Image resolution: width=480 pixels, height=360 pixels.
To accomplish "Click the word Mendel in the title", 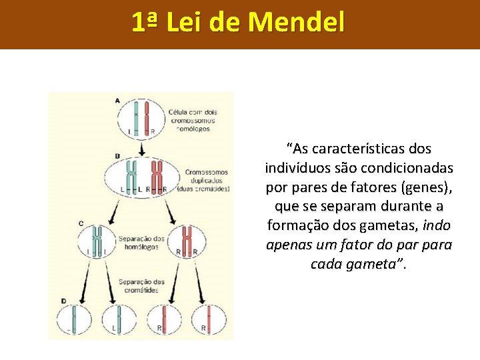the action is (x=297, y=23).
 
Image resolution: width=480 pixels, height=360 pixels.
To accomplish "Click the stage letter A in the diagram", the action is (x=117, y=101).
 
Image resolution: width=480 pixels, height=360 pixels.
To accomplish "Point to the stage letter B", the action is (x=117, y=156).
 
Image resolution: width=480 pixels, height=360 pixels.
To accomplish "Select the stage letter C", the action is (x=81, y=223).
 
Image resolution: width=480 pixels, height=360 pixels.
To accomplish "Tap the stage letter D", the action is (x=63, y=301).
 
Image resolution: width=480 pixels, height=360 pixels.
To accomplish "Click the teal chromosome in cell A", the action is (x=136, y=117).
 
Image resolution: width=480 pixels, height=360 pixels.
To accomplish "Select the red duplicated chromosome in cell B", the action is (x=157, y=175).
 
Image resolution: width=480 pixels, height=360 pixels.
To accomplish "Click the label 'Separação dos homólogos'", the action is (x=141, y=243).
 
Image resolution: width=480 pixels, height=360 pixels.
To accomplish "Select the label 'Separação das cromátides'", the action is (x=141, y=286).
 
